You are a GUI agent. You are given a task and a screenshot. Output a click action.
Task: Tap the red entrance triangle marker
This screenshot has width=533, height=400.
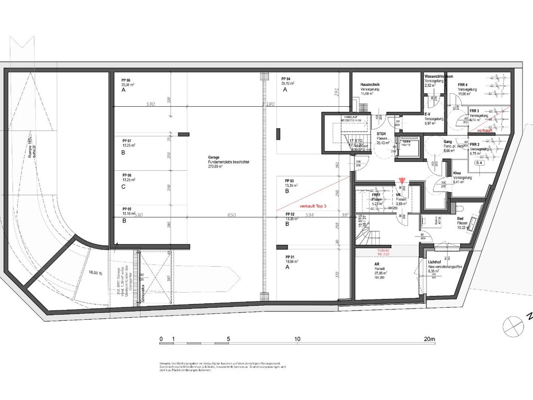[x=401, y=181]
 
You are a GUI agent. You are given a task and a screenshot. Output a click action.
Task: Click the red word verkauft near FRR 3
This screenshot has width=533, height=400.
[x=484, y=130]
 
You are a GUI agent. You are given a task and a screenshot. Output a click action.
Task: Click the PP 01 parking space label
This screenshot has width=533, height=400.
[x=290, y=257]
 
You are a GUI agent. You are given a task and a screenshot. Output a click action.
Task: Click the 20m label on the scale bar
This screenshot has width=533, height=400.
[x=429, y=339]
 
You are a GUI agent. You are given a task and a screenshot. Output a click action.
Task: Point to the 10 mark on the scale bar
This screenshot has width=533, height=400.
[x=297, y=339]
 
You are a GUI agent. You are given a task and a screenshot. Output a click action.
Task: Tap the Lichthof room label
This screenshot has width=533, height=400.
[x=435, y=262]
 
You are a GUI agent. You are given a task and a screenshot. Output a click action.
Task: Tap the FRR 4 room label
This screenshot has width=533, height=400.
[x=463, y=84]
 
